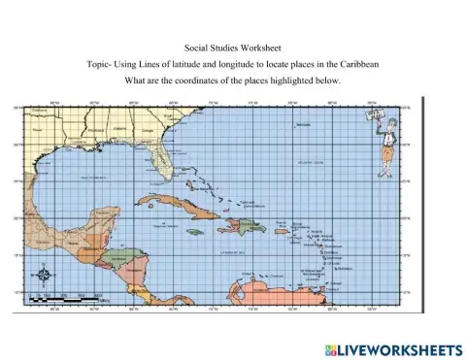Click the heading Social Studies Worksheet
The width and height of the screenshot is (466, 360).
(232, 47)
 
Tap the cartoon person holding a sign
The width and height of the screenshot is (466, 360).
(383, 135)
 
